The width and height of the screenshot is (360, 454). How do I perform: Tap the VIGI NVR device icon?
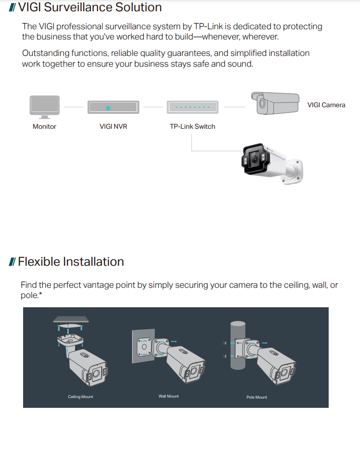113,107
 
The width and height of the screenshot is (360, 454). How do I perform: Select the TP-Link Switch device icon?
192,107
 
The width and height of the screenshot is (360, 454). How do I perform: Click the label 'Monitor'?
44,126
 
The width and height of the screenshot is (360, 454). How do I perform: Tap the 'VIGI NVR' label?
113,126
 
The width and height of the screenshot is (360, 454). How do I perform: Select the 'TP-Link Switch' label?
192,126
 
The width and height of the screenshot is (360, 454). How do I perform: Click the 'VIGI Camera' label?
326,105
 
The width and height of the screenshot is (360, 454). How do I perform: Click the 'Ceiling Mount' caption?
81,397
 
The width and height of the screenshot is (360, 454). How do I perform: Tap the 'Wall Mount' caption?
168,396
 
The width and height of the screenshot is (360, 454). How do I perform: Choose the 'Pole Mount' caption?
257,397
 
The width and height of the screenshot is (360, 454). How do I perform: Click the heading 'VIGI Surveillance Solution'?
90,7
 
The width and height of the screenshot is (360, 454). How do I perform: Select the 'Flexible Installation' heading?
71,262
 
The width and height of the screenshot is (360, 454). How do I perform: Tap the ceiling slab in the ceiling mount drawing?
71,320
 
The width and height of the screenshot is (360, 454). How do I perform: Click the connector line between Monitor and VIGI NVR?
73,107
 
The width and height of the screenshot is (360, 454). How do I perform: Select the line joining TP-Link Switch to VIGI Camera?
234,107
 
